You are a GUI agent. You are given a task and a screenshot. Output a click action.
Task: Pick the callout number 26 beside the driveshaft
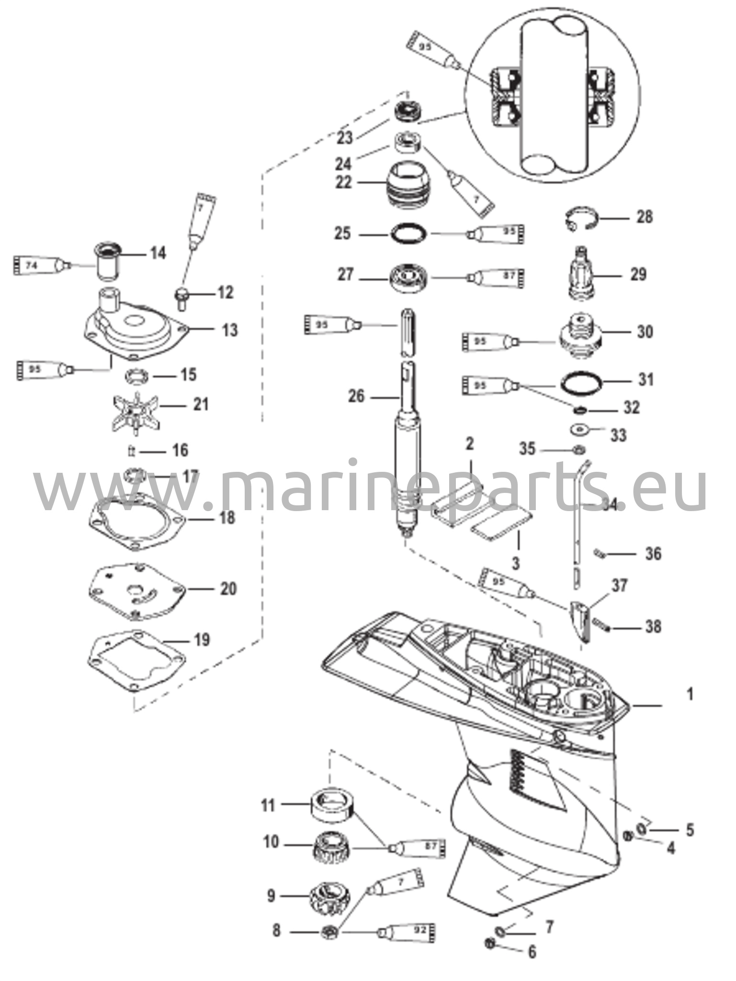pyautogui.click(x=356, y=397)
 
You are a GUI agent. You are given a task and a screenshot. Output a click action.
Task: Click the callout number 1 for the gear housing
pyautogui.click(x=690, y=694)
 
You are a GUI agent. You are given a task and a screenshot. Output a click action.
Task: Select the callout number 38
pyautogui.click(x=653, y=627)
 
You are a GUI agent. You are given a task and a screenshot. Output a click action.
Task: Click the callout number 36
pyautogui.click(x=653, y=554)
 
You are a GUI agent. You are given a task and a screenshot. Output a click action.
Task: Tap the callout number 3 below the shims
pyautogui.click(x=515, y=563)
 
